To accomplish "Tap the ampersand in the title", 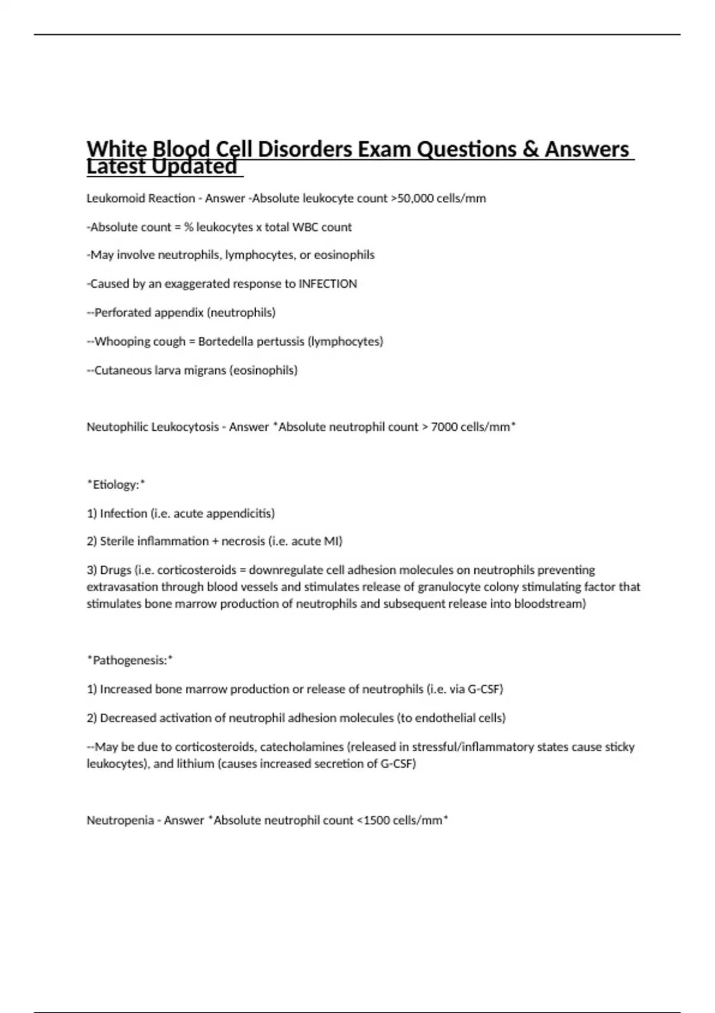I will click(530, 149).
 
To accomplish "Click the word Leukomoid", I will click(111, 198).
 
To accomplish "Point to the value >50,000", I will click(412, 198).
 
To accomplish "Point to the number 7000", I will click(444, 427).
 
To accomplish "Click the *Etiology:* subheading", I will click(116, 484).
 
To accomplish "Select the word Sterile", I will click(117, 541).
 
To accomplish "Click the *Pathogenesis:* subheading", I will click(130, 660).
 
